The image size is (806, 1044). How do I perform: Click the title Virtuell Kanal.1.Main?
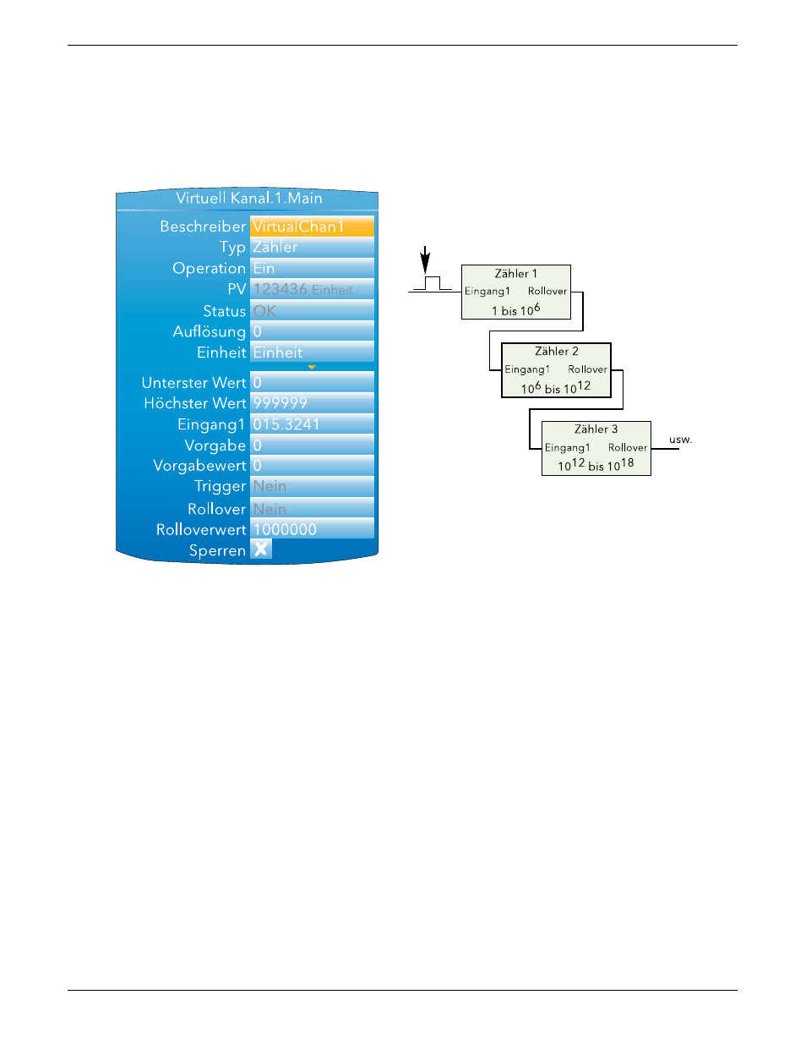pos(248,198)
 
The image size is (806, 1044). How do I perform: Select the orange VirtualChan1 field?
pos(312,226)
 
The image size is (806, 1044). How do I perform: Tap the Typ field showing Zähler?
pos(312,247)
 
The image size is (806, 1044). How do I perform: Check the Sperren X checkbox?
pos(261,549)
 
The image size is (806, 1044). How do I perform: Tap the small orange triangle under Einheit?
pos(312,367)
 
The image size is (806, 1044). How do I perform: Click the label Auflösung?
pos(210,331)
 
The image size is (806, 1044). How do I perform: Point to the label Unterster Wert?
pos(193,382)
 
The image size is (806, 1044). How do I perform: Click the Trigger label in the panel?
pos(220,486)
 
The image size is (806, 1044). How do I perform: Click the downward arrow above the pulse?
pos(425,260)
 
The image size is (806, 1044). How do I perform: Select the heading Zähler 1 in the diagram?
pos(516,273)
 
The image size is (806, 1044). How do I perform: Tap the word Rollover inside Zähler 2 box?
pos(587,369)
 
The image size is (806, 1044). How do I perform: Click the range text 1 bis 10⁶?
pos(515,310)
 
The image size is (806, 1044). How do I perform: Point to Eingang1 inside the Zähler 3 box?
pos(567,447)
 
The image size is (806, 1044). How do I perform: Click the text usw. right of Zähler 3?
pos(681,439)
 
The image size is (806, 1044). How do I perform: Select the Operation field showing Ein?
pos(312,268)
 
